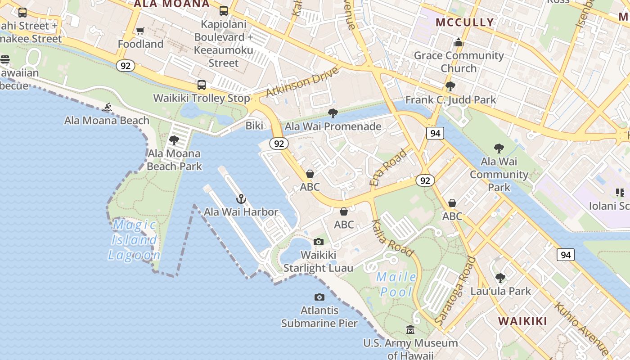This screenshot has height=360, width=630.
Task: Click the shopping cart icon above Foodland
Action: pyautogui.click(x=140, y=31)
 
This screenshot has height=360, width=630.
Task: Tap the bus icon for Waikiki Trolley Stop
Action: pyautogui.click(x=202, y=85)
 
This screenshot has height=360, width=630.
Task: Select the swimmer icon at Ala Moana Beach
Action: pyautogui.click(x=107, y=107)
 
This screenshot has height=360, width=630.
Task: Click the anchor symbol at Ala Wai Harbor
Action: pyautogui.click(x=241, y=199)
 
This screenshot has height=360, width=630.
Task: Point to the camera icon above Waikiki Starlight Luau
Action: pyautogui.click(x=319, y=242)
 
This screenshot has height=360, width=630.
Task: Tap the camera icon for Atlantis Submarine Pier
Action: pyautogui.click(x=319, y=297)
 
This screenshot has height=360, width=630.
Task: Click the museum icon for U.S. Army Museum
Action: pyautogui.click(x=410, y=330)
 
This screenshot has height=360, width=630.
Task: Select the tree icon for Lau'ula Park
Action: pyautogui.click(x=500, y=278)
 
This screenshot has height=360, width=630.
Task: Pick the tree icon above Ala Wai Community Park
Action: pyautogui.click(x=499, y=148)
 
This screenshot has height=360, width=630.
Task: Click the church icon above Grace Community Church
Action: pyautogui.click(x=459, y=43)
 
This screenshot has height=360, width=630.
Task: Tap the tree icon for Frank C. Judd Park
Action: pyautogui.click(x=450, y=86)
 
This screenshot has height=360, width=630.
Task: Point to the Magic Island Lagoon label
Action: pyautogui.click(x=134, y=240)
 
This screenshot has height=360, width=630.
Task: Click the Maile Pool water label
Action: pyautogui.click(x=396, y=284)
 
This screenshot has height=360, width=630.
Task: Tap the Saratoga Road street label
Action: pyautogui.click(x=455, y=291)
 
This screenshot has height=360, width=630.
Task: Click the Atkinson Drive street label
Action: pyautogui.click(x=302, y=82)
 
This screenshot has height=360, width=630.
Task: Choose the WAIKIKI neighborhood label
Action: pyautogui.click(x=522, y=321)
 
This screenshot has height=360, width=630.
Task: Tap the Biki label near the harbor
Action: pyautogui.click(x=254, y=126)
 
